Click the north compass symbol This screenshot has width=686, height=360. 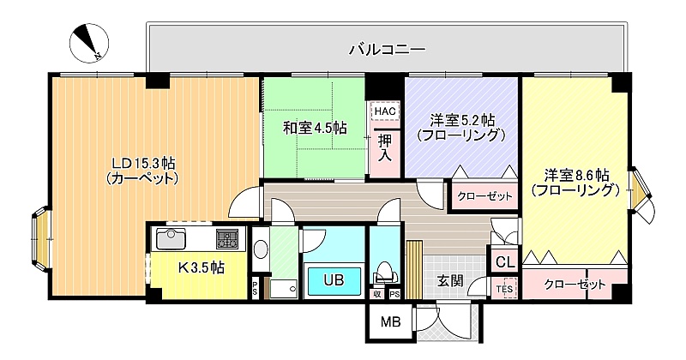pos(89,44)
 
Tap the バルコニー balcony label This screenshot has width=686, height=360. pos(388,50)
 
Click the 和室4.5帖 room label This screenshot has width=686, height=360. pos(315,129)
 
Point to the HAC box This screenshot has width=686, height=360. pos(385,111)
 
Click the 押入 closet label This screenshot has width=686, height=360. pos(385,149)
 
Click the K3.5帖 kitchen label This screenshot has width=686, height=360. pos(202,267)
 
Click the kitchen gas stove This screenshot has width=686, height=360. pos(227,239)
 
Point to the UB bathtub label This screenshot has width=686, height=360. pos(334,280)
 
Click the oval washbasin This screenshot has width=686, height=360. pos(261,249)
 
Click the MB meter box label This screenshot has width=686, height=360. pos(390,323)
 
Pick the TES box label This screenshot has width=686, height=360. pos(504,289)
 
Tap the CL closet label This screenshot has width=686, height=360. pos(505,262)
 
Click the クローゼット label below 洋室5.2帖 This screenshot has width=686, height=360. pos(484,195)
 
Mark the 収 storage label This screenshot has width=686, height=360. pos(376,294)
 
